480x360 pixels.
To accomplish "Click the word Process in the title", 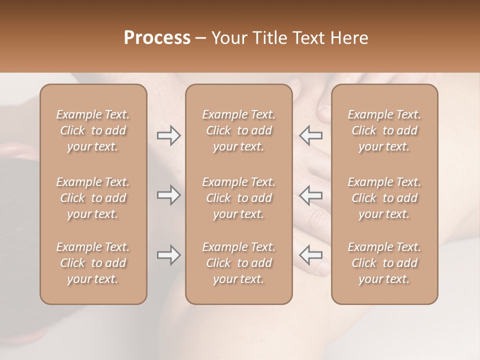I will (157, 38).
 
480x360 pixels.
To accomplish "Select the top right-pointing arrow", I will (168, 135).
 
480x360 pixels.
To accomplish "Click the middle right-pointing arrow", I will (168, 195).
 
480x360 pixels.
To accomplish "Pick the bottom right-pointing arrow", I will (168, 255).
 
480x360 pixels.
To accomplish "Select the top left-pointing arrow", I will (311, 135).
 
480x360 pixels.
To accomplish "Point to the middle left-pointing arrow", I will (311, 195).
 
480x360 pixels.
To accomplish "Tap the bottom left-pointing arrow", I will (311, 255).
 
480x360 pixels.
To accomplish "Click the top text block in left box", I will (93, 130).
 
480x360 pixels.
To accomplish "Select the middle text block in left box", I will (93, 198).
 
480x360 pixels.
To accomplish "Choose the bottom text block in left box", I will (93, 263).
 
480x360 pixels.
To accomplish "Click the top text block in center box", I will (238, 130).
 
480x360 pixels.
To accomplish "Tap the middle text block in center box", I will (238, 198).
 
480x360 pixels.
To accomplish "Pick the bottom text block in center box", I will (238, 263).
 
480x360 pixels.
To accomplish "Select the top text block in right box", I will (384, 130).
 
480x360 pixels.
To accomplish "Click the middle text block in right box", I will (384, 198).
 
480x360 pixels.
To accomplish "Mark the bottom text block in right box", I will (384, 263).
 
